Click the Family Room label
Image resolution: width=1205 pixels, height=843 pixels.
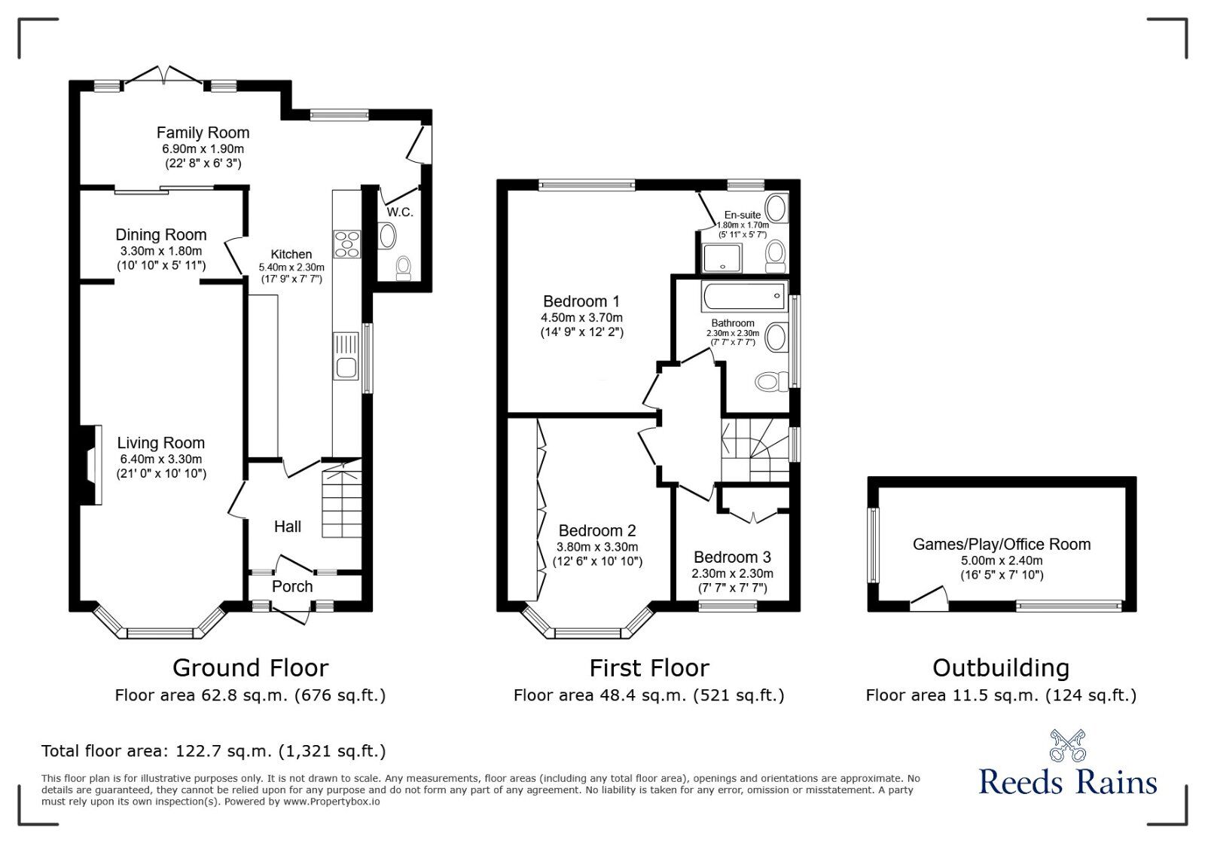click(x=203, y=133)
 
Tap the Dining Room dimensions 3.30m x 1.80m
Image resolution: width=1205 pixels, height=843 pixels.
click(x=160, y=251)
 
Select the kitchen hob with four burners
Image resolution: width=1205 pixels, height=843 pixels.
click(x=347, y=244)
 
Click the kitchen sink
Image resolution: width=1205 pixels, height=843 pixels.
click(x=347, y=368)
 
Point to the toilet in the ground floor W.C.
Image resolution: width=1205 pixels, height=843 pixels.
click(x=404, y=266)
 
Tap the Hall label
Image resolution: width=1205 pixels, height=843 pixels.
click(x=288, y=527)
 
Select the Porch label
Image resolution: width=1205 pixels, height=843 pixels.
click(x=292, y=586)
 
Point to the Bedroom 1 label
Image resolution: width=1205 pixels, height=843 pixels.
click(x=581, y=301)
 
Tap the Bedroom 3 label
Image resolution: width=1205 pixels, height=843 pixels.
click(x=732, y=557)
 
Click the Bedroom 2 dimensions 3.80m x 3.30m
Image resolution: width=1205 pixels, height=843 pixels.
click(x=596, y=547)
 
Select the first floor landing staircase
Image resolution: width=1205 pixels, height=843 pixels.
click(x=753, y=450)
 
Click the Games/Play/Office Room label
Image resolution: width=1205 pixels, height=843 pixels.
click(x=1001, y=544)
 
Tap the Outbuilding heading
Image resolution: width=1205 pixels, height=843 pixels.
click(x=1000, y=668)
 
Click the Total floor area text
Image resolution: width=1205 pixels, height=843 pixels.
click(x=213, y=751)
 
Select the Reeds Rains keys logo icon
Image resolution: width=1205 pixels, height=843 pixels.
click(x=1067, y=745)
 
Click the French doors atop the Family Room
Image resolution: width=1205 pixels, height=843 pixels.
click(x=163, y=75)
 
